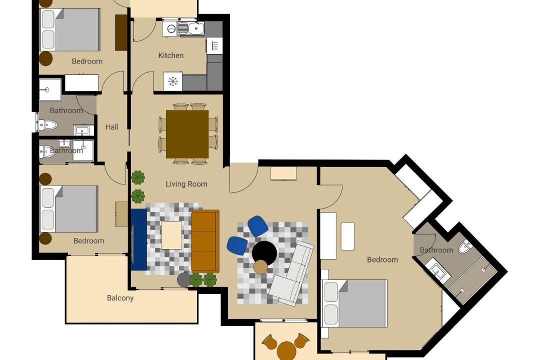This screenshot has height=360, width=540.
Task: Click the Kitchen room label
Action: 171,55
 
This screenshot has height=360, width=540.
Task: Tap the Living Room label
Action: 186,184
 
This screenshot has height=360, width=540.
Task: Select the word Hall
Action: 112,127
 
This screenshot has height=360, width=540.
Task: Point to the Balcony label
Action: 120,298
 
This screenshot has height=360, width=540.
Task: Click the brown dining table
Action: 187,134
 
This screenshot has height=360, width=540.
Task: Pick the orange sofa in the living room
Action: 205,241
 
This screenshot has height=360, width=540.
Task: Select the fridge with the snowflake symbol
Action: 172,81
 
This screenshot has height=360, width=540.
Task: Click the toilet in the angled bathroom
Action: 465,246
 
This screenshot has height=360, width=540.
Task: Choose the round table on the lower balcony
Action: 286,350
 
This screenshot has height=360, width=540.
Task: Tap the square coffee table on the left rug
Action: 171,235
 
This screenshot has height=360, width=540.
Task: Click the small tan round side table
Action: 260,266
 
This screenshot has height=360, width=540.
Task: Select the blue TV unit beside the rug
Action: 139,240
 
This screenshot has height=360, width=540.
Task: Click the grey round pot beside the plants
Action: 183,279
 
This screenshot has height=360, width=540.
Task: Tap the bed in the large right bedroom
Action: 354,303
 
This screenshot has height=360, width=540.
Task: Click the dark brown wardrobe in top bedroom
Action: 121,32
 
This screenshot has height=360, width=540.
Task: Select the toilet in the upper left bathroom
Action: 47,124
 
